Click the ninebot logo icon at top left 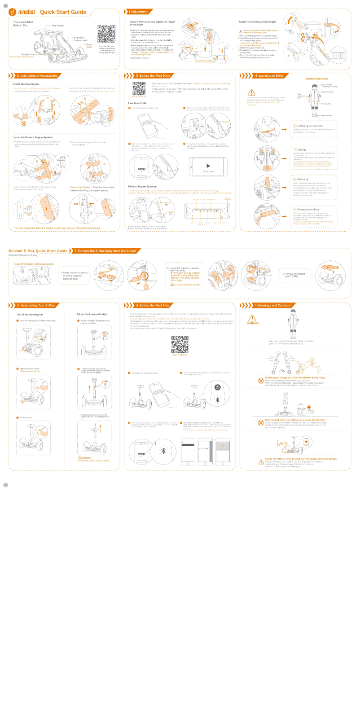tap(12, 12)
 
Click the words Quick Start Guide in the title tap(63, 12)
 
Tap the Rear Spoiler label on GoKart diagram tap(58, 26)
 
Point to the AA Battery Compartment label tap(80, 39)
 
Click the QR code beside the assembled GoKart tap(106, 35)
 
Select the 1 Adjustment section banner tap(139, 12)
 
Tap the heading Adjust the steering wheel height tap(257, 22)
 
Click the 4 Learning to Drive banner tap(269, 76)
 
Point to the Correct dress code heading tap(316, 79)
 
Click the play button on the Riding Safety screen tap(208, 166)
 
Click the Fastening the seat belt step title tap(310, 126)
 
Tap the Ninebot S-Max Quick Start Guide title tap(38, 251)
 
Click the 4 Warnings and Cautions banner tap(272, 305)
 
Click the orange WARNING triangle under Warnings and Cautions tap(252, 318)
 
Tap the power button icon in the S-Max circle tap(217, 387)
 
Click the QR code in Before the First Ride tap(180, 345)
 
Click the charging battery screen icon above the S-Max tap(307, 442)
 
